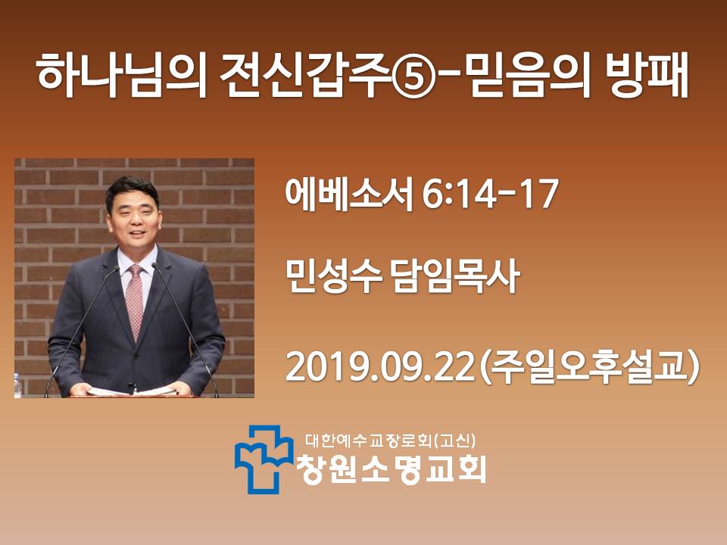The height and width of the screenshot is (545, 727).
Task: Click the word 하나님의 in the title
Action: (x=121, y=75)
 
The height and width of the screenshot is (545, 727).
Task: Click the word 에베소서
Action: (x=348, y=195)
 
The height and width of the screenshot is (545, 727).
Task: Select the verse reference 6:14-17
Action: (x=490, y=195)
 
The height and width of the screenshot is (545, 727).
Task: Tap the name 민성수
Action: (x=333, y=276)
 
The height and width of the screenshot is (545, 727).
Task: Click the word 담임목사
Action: (x=456, y=276)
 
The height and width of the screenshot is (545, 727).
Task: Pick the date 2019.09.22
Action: (x=381, y=366)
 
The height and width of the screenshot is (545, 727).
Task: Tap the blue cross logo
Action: (x=264, y=459)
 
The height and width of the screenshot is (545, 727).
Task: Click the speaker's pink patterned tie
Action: (x=135, y=301)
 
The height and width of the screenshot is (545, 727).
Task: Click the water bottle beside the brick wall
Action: (x=17, y=386)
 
